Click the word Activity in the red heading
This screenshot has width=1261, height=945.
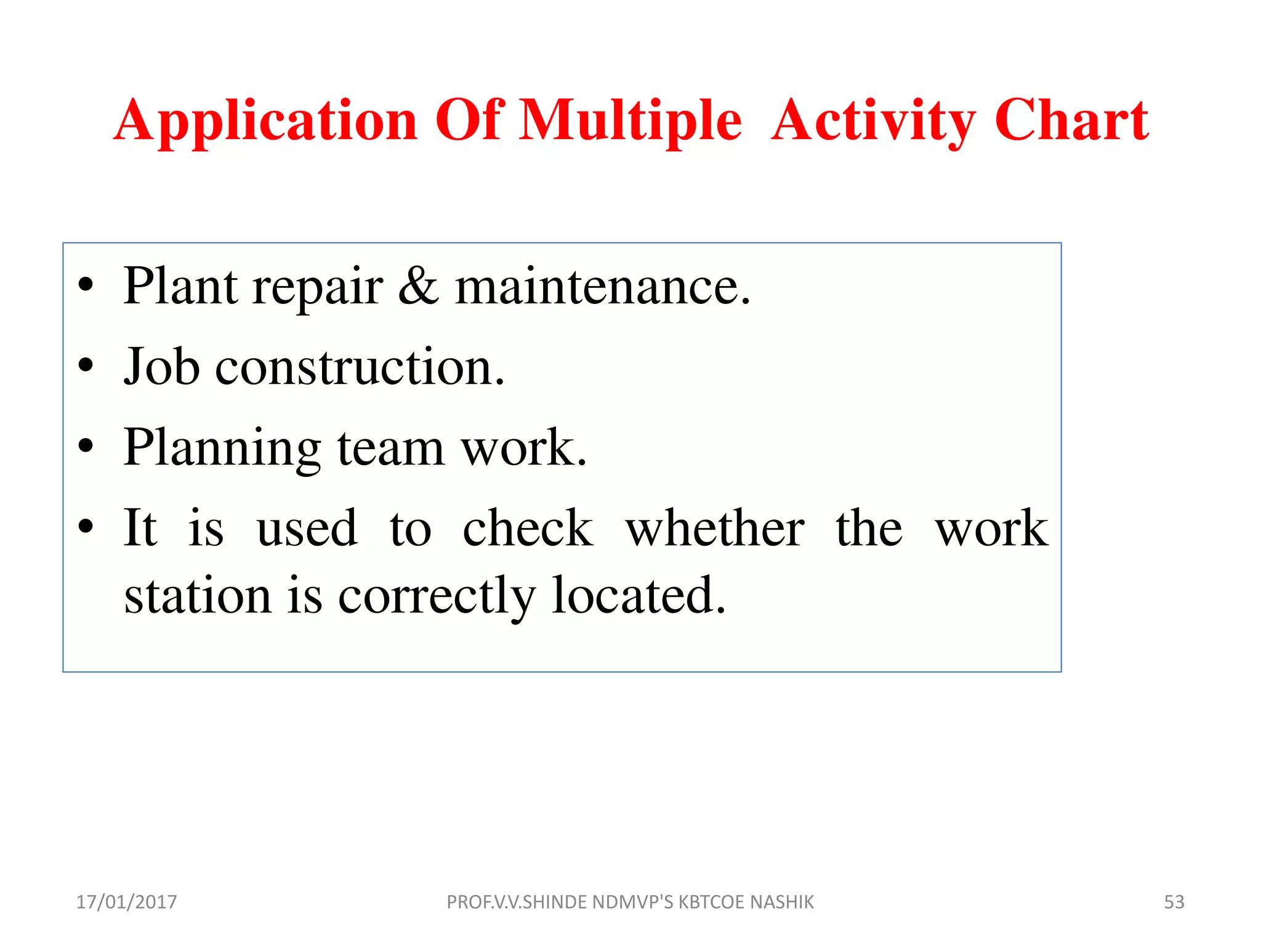point(873,121)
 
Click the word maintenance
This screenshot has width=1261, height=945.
point(602,287)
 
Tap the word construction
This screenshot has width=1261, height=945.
point(360,367)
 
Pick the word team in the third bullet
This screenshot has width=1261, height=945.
point(390,448)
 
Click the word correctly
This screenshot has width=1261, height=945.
point(437,597)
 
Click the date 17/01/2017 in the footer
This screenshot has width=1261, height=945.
point(126,902)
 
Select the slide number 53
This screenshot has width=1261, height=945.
point(1174,902)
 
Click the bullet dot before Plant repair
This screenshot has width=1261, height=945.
point(86,285)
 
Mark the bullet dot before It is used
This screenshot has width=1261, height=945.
point(86,527)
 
